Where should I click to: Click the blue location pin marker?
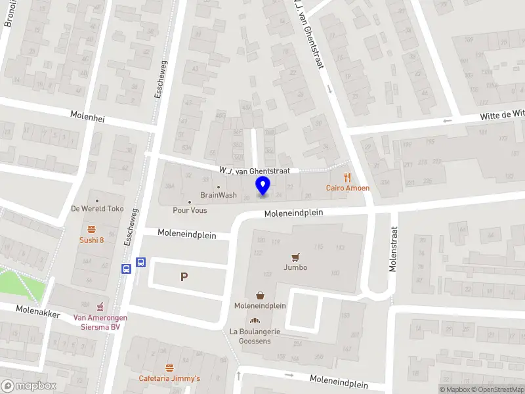(263, 186)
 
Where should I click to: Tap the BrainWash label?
(219, 195)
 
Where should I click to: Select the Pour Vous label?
(190, 210)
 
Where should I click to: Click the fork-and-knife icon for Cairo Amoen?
(348, 177)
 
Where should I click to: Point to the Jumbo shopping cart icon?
(295, 257)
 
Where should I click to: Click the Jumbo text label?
(295, 267)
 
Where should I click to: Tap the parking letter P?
(184, 277)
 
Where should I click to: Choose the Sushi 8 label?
(92, 240)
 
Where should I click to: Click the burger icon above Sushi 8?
(92, 229)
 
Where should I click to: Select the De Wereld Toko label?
(97, 209)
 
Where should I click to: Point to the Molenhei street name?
(88, 117)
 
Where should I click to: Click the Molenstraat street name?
(393, 250)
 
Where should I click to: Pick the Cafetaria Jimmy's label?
(169, 378)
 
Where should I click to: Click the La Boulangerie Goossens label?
(255, 336)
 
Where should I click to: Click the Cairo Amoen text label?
(348, 188)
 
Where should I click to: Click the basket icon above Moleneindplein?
(261, 295)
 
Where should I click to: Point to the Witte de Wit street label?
(502, 115)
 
